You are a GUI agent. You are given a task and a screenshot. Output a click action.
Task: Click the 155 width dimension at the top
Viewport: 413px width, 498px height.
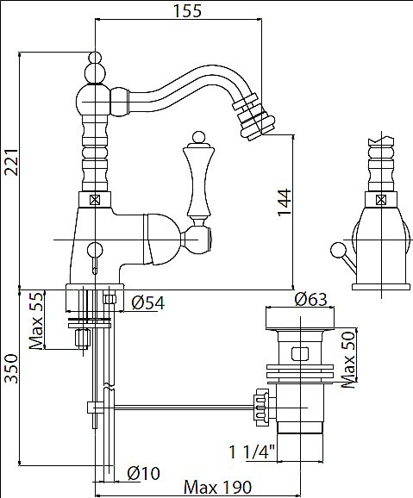click(187, 10)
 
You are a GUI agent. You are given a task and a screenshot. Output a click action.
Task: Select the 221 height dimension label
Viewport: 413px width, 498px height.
click(12, 162)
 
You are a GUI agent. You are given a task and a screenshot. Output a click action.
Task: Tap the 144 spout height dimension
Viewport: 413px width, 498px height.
click(285, 202)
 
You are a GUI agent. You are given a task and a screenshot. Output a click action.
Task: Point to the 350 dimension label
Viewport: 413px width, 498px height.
click(12, 369)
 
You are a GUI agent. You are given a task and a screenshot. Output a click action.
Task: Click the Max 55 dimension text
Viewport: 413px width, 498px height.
click(35, 321)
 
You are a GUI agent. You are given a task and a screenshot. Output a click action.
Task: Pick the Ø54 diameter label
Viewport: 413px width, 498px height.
click(148, 302)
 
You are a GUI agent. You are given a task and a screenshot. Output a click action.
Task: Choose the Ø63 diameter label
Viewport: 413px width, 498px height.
click(310, 299)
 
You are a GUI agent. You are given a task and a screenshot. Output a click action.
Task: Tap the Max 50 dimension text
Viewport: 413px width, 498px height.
click(348, 359)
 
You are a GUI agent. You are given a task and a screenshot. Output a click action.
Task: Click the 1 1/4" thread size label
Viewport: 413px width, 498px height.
click(252, 452)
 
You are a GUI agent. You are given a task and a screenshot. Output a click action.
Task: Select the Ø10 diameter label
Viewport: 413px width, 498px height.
click(143, 474)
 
